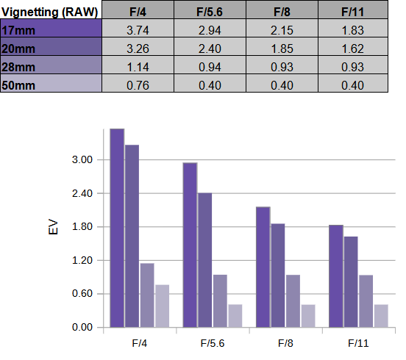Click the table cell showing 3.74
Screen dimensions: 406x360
pos(138,29)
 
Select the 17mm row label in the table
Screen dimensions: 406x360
pos(51,29)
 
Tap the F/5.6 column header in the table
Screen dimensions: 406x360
pos(210,10)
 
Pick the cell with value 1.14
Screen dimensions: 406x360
pos(138,65)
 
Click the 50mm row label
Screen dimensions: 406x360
pos(51,83)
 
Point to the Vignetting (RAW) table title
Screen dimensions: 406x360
pos(50,12)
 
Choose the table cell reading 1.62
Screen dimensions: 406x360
pos(353,47)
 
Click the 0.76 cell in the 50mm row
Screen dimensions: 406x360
pos(138,83)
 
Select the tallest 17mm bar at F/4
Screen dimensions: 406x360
pos(117,228)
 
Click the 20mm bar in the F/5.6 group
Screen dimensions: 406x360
pos(204,260)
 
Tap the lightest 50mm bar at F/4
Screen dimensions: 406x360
pos(163,306)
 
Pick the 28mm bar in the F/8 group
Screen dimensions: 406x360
pos(293,301)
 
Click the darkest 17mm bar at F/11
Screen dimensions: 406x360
pos(336,276)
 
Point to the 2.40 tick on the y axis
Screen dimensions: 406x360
pos(82,193)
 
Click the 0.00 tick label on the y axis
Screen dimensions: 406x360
pos(82,327)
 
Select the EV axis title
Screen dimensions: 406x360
pos(53,227)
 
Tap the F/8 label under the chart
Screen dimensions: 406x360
pos(285,343)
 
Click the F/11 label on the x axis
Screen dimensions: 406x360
pos(358,343)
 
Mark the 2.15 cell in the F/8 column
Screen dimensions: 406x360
pos(282,29)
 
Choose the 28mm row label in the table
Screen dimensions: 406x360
pos(51,65)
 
